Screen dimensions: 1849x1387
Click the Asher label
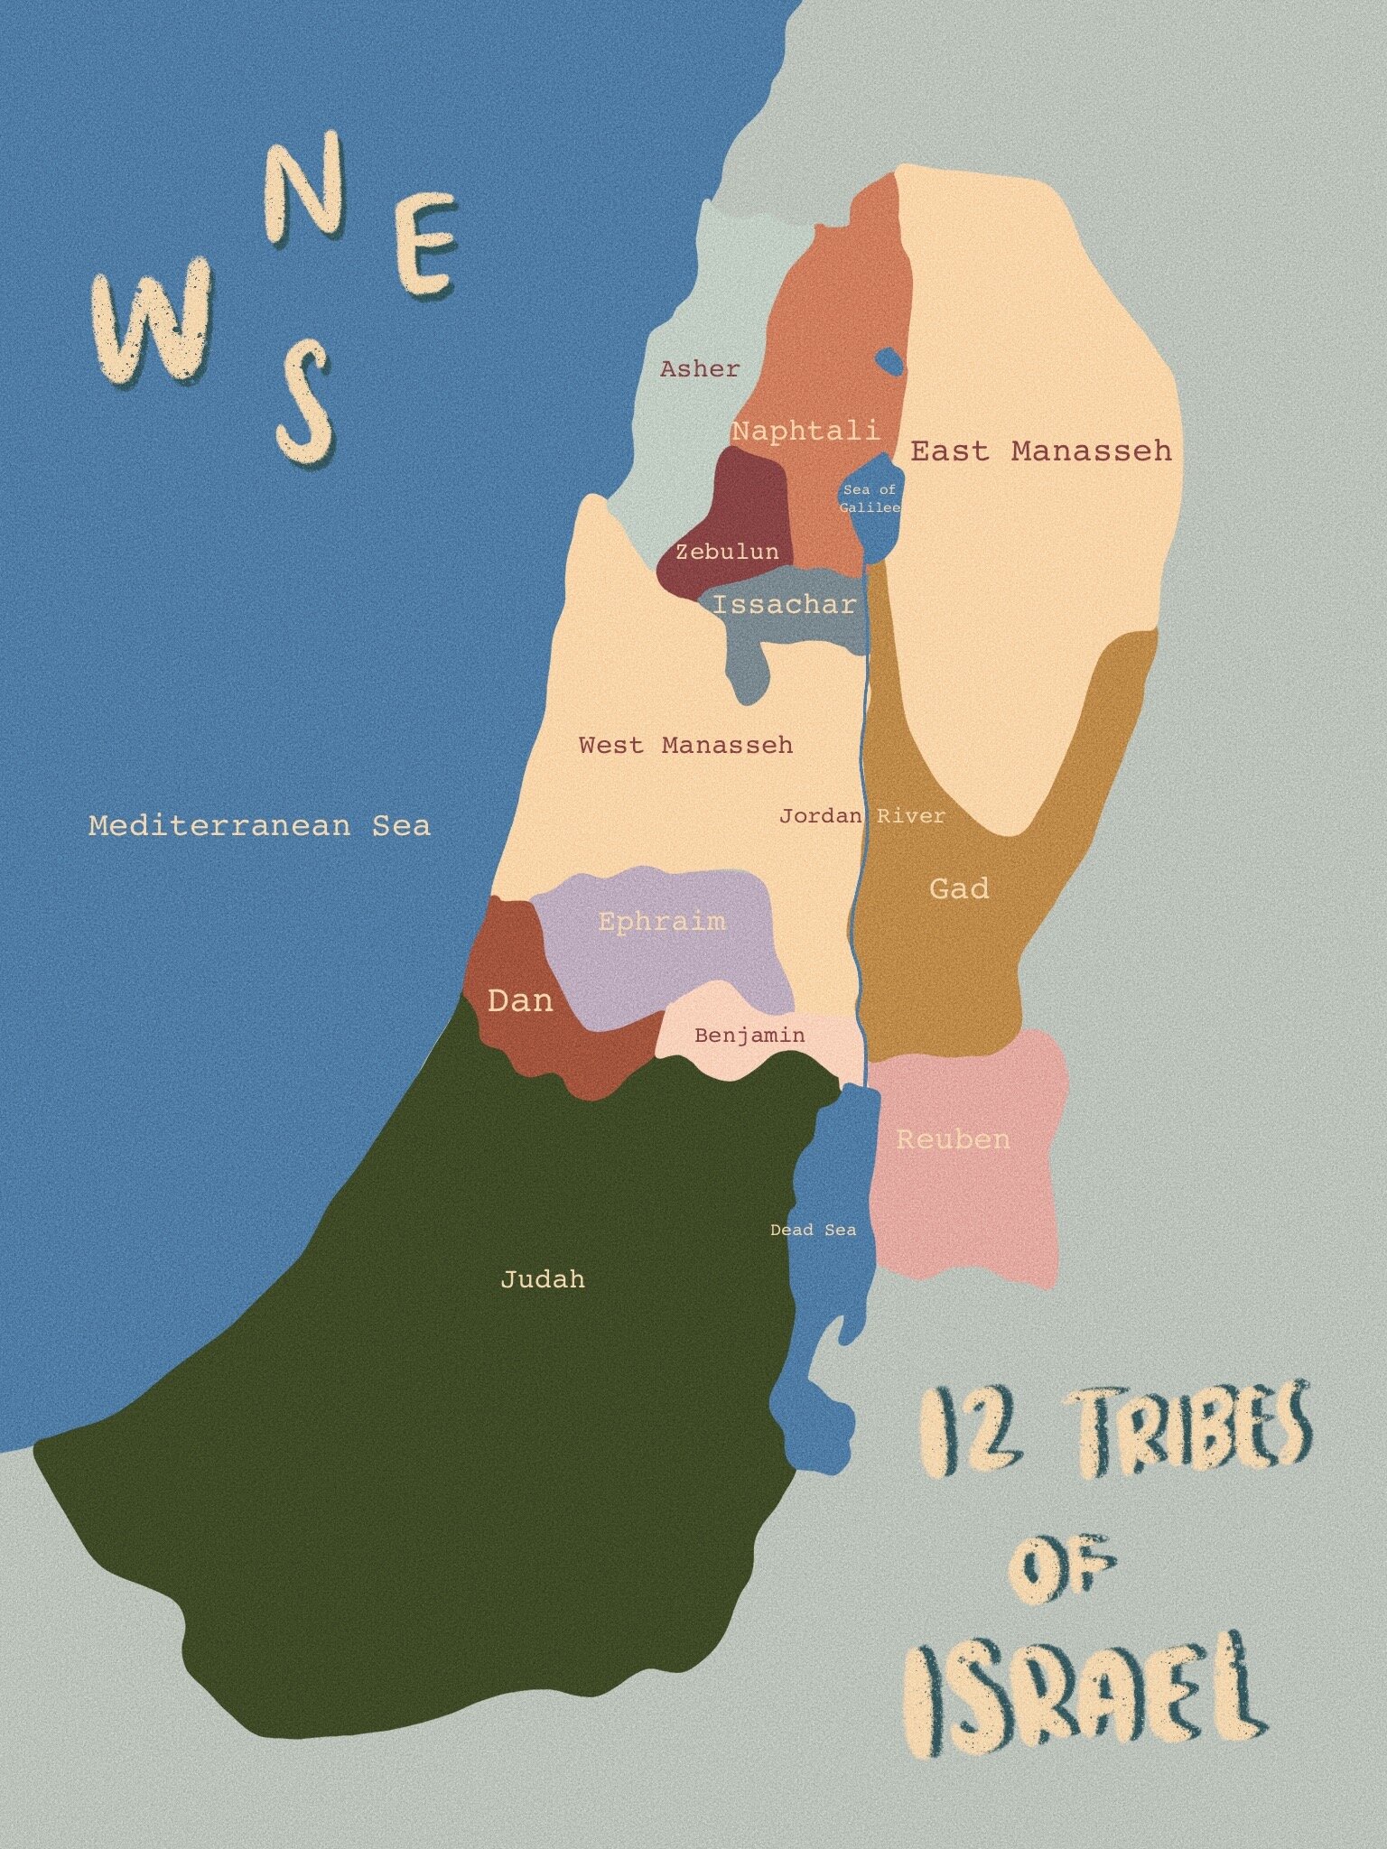coord(700,368)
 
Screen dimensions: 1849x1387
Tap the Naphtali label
coord(805,431)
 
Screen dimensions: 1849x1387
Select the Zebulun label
coord(727,551)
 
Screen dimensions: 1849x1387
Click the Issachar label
coord(783,604)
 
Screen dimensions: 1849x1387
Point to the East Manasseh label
coord(1040,450)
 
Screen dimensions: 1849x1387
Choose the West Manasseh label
coord(685,745)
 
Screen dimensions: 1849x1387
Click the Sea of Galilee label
coord(870,498)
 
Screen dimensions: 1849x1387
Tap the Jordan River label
coord(861,816)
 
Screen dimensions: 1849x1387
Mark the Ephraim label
coord(662,921)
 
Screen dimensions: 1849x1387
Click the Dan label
coord(520,999)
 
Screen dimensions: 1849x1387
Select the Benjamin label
coord(749,1035)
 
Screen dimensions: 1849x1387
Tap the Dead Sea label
coord(813,1230)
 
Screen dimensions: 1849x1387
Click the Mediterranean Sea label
coord(259,825)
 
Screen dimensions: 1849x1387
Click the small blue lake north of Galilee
coord(889,361)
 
